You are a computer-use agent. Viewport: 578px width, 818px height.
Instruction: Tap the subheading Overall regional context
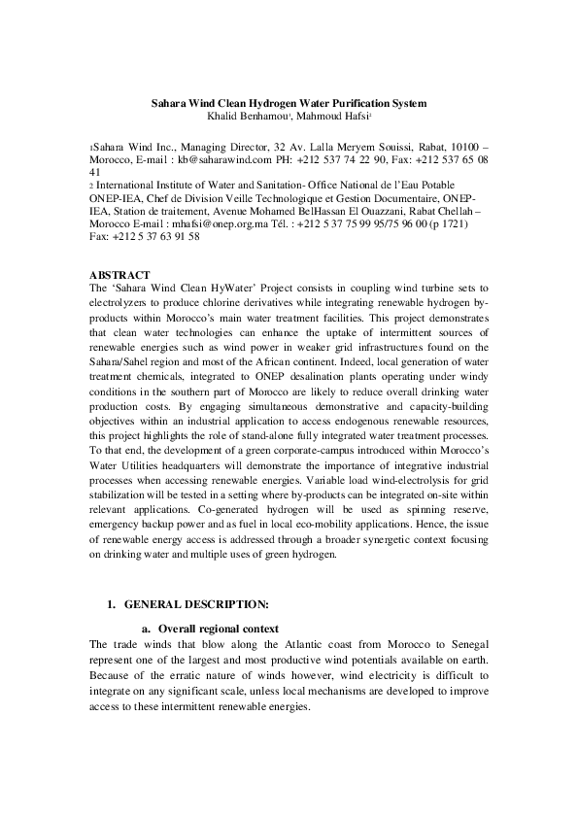tap(219, 628)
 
